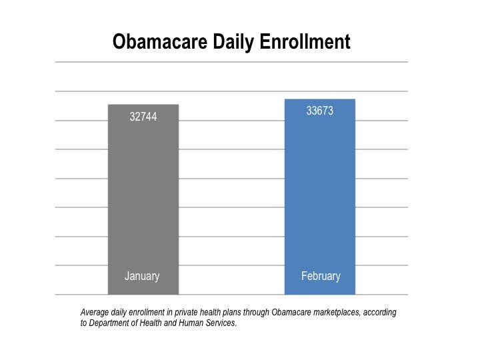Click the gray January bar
pos(143,200)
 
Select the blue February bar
pos(319,200)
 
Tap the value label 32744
pos(143,117)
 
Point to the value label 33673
pos(319,111)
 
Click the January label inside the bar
pos(142,276)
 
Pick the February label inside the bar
pos(321,276)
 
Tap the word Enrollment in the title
pos(307,42)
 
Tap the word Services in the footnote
pos(219,323)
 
